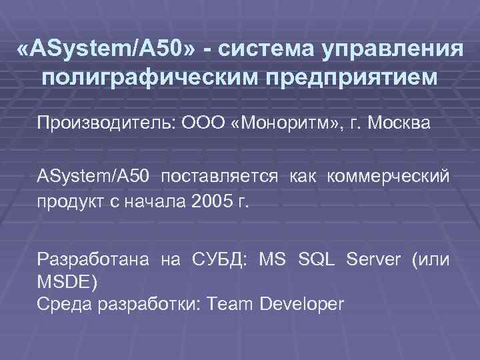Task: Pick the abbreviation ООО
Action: click(203, 123)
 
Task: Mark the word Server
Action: click(371, 259)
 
